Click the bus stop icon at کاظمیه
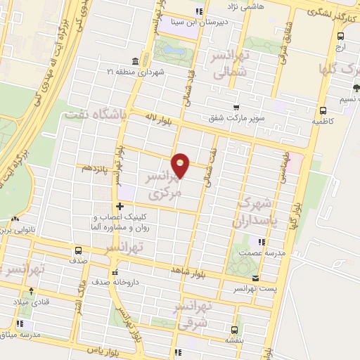(323, 110)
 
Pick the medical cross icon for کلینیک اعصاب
(120, 207)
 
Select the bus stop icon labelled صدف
(77, 250)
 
